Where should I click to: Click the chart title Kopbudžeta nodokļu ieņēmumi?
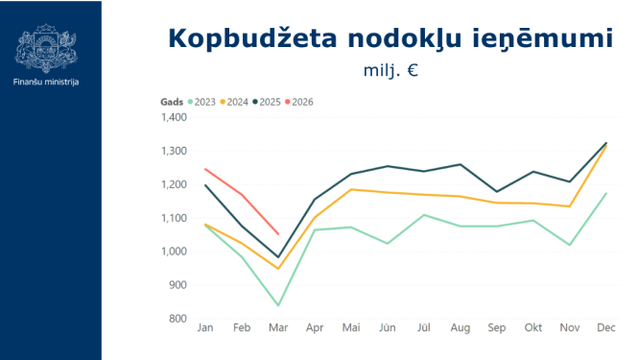coord(390,38)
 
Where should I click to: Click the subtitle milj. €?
coord(390,70)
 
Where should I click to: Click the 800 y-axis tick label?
coord(177,319)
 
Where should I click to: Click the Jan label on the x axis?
coord(205,328)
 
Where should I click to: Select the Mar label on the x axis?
coord(278,328)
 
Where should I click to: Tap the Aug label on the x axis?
coord(461,328)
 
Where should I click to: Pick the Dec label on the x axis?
coord(606,328)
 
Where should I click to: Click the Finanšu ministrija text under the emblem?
coord(47,82)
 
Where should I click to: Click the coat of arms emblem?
coord(47,48)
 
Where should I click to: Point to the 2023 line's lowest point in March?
coord(278,305)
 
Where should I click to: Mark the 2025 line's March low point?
coord(278,257)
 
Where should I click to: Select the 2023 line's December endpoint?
coord(606,193)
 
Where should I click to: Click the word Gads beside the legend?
coord(172,102)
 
